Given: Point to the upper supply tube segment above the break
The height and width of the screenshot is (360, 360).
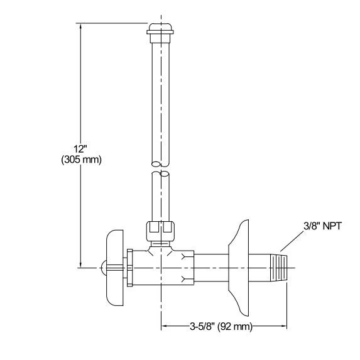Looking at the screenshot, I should pyautogui.click(x=160, y=101).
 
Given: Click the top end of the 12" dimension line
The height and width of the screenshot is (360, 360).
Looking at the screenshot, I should pyautogui.click(x=80, y=25).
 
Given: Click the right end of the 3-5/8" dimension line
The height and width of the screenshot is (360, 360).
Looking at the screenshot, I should pyautogui.click(x=287, y=326).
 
